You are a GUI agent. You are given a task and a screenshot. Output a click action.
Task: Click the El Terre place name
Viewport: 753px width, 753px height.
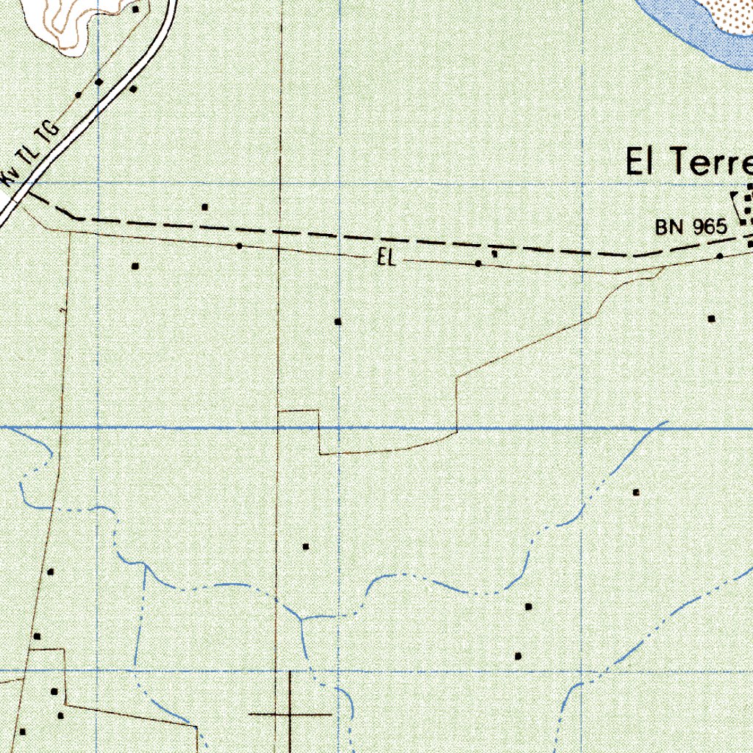point(688,162)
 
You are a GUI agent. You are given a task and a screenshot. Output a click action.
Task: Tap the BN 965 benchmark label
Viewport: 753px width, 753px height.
point(690,227)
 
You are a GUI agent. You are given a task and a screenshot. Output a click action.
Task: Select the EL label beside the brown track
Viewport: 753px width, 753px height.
point(387,257)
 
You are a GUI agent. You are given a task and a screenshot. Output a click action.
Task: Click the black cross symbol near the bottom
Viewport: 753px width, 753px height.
point(290,713)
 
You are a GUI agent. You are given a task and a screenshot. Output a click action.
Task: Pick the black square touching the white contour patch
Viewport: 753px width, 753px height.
point(135,10)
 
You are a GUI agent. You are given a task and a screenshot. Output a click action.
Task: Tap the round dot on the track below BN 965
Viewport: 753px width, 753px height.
point(720,256)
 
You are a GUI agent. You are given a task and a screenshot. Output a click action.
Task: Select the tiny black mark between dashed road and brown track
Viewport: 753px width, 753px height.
point(494,253)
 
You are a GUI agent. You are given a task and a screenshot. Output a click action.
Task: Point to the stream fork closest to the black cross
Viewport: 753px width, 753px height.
point(300,621)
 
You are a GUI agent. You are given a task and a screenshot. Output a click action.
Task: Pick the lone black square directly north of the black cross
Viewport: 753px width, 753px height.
point(306,546)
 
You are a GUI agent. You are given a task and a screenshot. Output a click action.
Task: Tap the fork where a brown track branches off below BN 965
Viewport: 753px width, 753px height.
point(662,269)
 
